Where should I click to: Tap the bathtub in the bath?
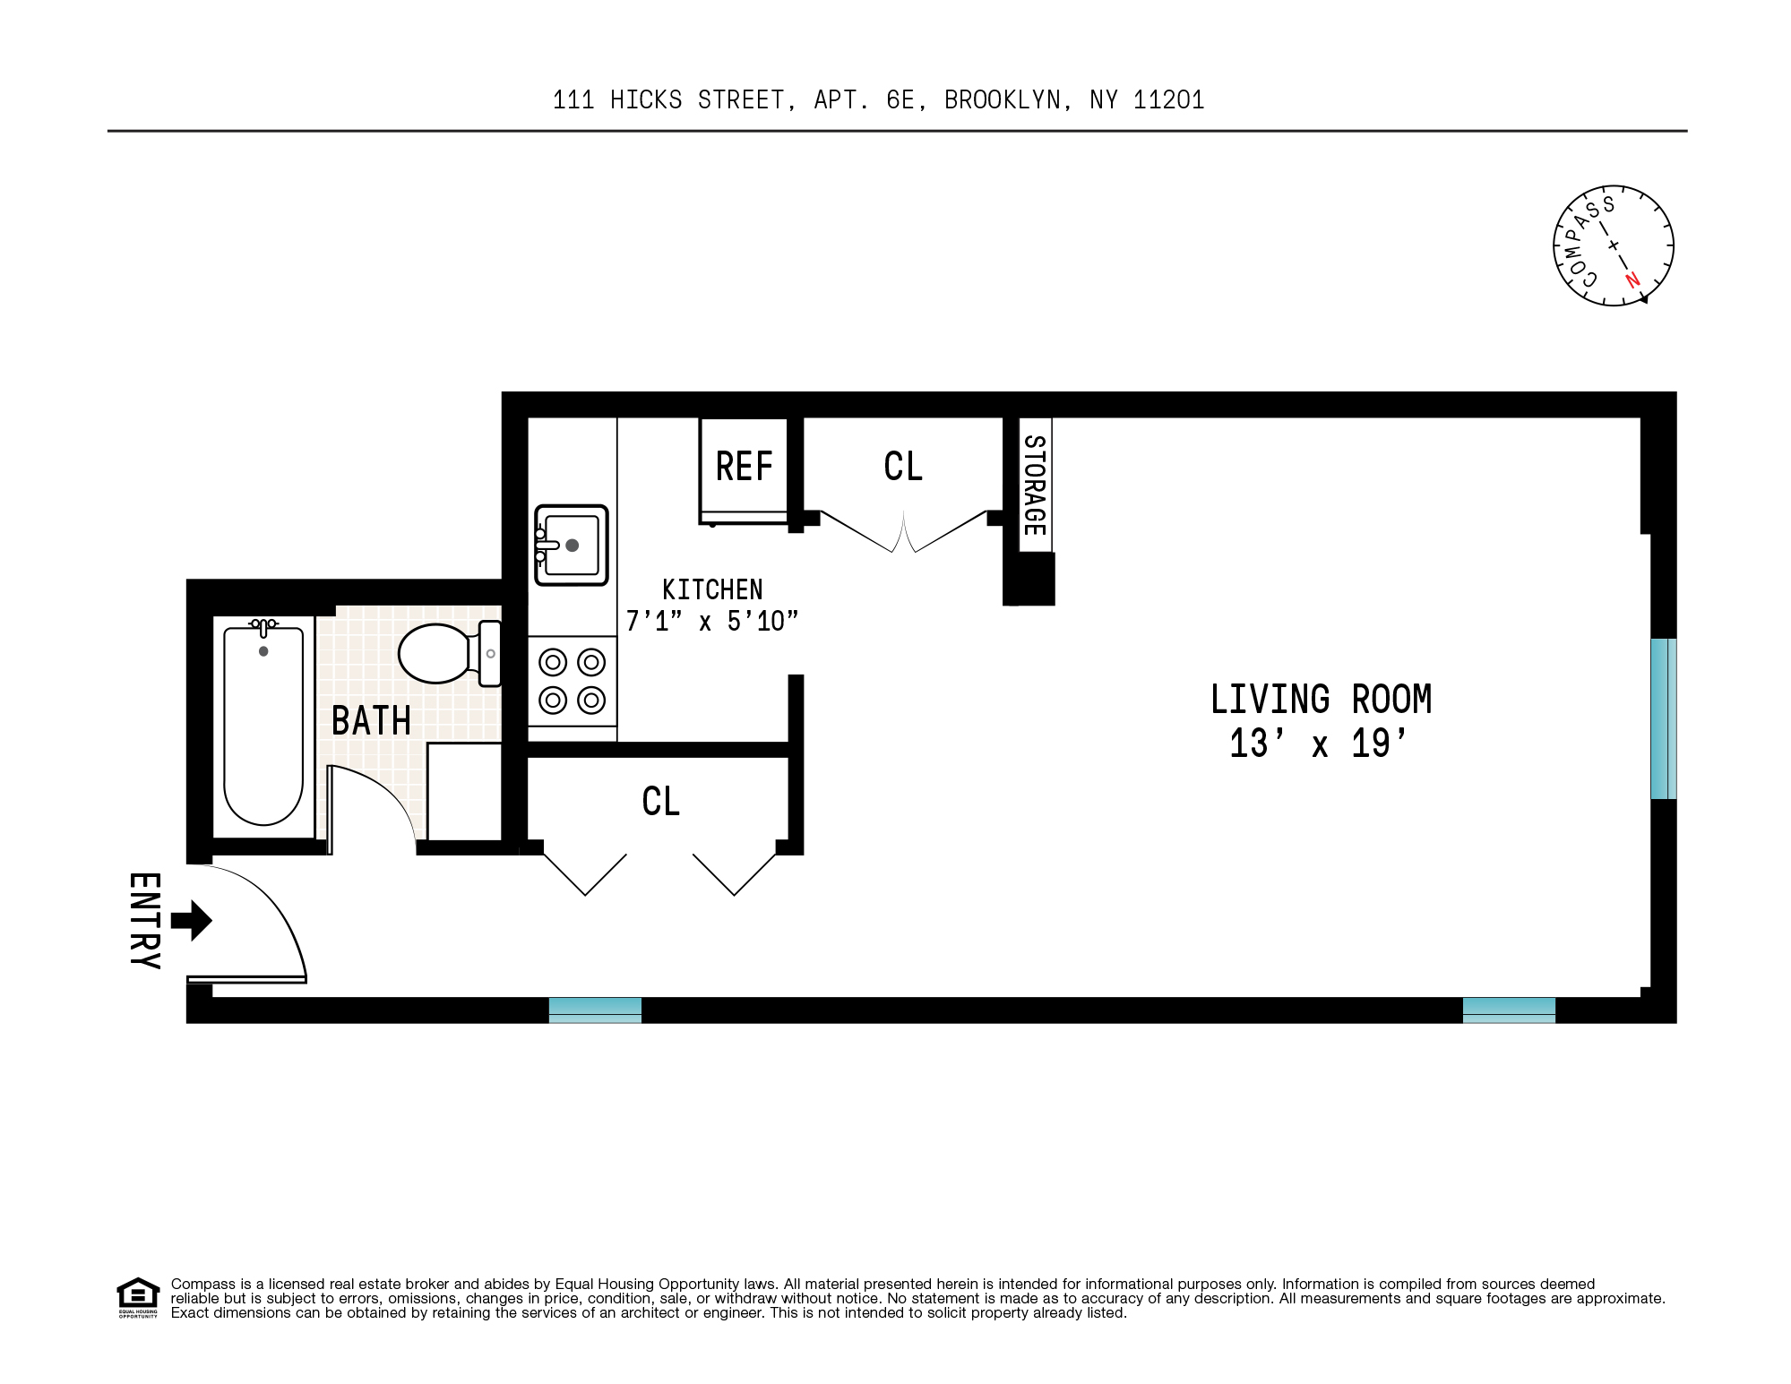[263, 726]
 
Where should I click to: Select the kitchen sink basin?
[572, 545]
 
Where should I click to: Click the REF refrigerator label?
[744, 467]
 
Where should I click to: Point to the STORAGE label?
[1034, 485]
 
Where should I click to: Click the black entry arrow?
[191, 921]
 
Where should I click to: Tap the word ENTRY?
[144, 921]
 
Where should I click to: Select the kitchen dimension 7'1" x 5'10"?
[711, 621]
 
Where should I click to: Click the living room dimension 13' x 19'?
[1319, 744]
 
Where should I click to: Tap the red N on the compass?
[1632, 279]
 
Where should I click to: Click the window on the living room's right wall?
[1662, 718]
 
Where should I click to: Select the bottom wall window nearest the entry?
[595, 1010]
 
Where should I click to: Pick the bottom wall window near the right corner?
[1509, 1010]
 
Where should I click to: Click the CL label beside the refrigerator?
[902, 467]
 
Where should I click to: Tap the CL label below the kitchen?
[660, 802]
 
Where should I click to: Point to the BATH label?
[371, 721]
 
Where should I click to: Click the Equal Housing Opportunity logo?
[138, 1297]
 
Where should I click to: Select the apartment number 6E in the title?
[900, 99]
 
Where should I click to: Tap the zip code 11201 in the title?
[1168, 99]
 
